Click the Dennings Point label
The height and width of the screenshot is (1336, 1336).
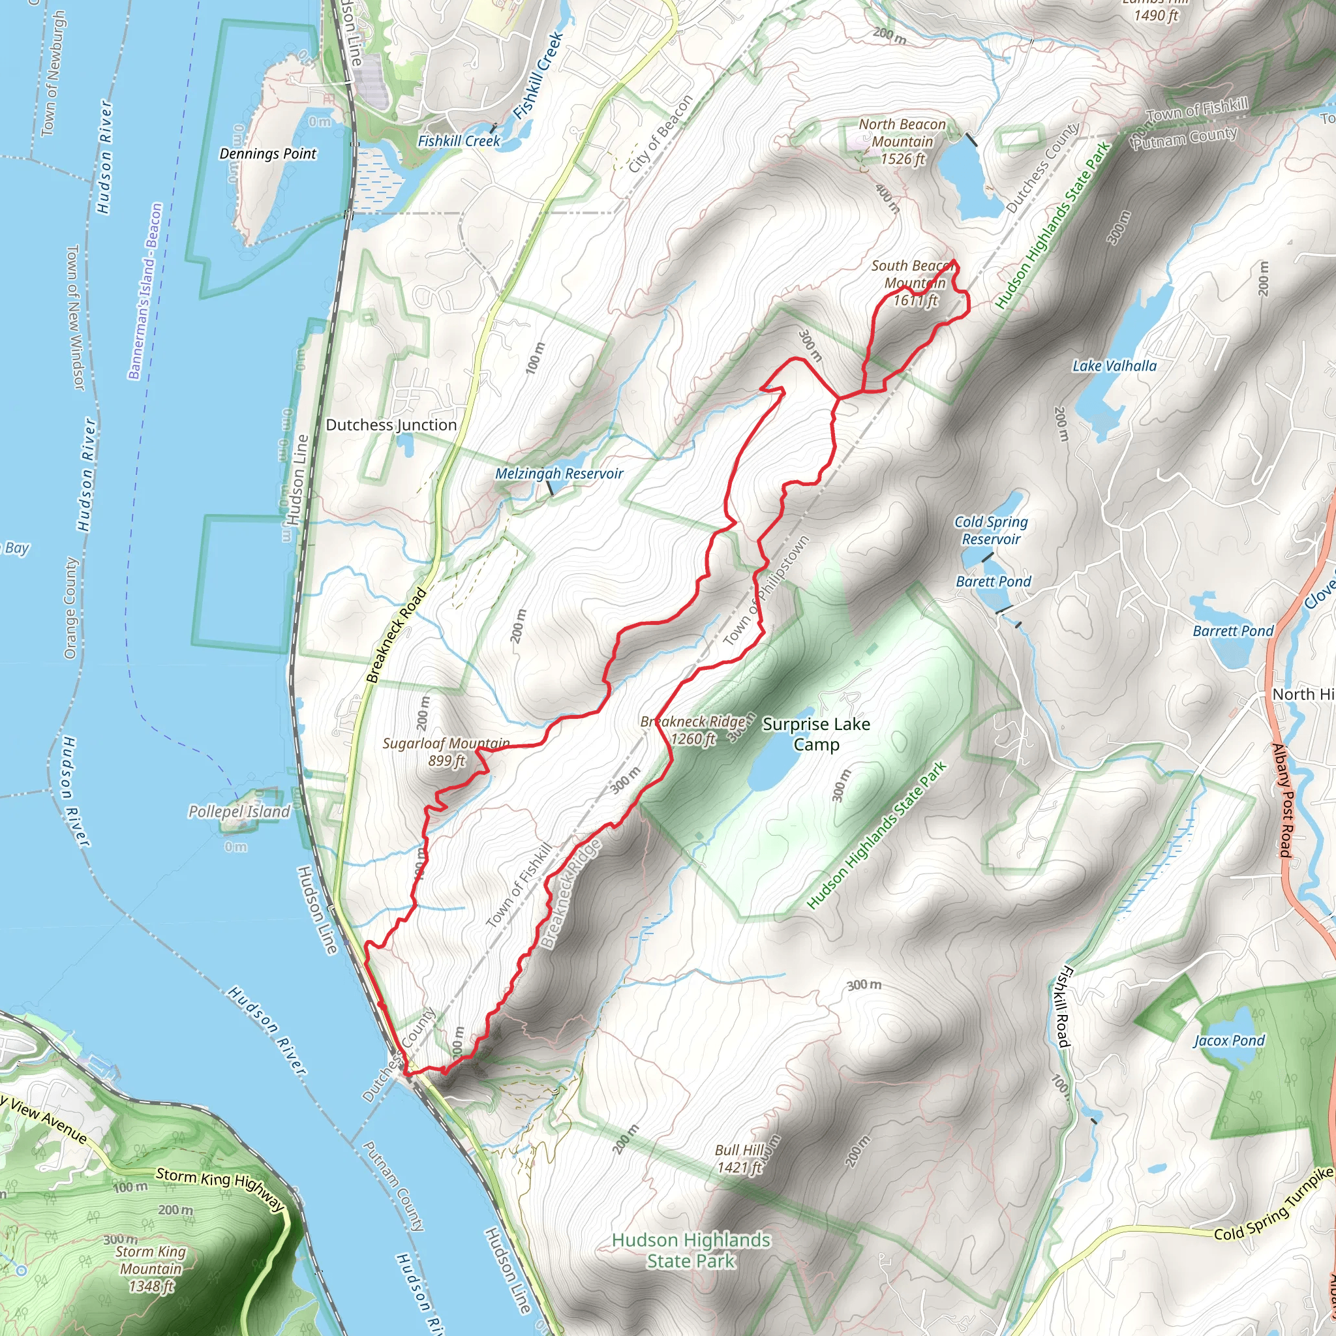[267, 153]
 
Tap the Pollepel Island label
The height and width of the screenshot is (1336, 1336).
[239, 811]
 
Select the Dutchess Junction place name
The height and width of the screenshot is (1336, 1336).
[391, 425]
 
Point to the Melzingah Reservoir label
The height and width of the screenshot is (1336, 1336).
[559, 474]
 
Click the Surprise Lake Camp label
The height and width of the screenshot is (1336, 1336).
[816, 734]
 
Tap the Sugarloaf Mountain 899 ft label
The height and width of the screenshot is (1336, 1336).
[446, 752]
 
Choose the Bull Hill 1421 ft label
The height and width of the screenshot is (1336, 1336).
[739, 1159]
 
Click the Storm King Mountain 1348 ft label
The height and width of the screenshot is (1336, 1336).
[151, 1269]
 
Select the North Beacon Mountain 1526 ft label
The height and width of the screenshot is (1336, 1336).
[902, 142]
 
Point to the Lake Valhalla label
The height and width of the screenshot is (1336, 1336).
[1114, 366]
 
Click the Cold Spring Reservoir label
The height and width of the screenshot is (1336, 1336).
[991, 530]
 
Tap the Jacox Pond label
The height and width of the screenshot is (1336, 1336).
[1229, 1040]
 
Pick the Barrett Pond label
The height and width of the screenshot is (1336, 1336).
[1233, 631]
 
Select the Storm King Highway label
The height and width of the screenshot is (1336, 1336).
[220, 1189]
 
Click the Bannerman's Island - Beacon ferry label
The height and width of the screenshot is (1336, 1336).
[145, 290]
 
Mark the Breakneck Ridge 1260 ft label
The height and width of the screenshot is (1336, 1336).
[693, 730]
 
